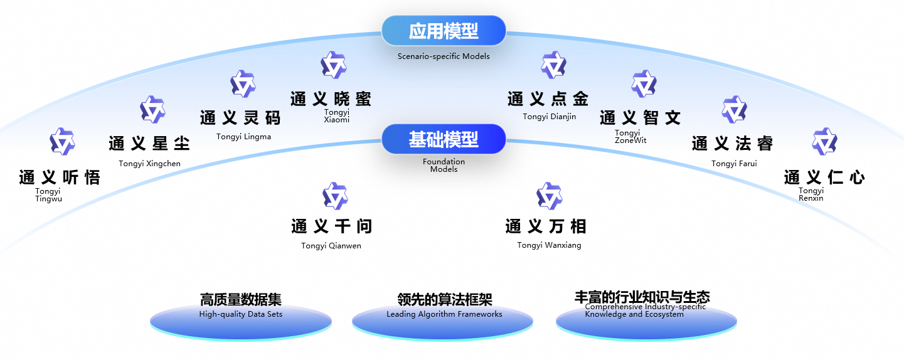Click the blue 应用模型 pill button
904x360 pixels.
(444, 31)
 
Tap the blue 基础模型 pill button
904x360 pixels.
(444, 139)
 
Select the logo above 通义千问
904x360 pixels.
(335, 196)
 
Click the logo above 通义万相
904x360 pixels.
(549, 196)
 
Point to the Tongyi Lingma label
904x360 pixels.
(243, 137)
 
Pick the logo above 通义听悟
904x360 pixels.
(62, 141)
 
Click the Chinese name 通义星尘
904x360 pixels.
(149, 143)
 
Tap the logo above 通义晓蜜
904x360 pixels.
(334, 65)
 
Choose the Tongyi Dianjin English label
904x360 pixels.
(549, 117)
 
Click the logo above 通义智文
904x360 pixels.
(644, 84)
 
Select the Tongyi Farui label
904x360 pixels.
(734, 164)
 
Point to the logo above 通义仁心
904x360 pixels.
(824, 142)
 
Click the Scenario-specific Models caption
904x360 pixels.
(444, 56)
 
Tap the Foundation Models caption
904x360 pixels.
(444, 166)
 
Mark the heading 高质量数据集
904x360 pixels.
(241, 300)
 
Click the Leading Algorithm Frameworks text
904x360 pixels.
(444, 314)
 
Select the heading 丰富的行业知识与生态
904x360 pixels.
(642, 297)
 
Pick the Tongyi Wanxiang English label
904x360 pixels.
(549, 245)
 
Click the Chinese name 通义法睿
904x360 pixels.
(732, 144)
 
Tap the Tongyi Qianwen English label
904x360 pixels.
(331, 246)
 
